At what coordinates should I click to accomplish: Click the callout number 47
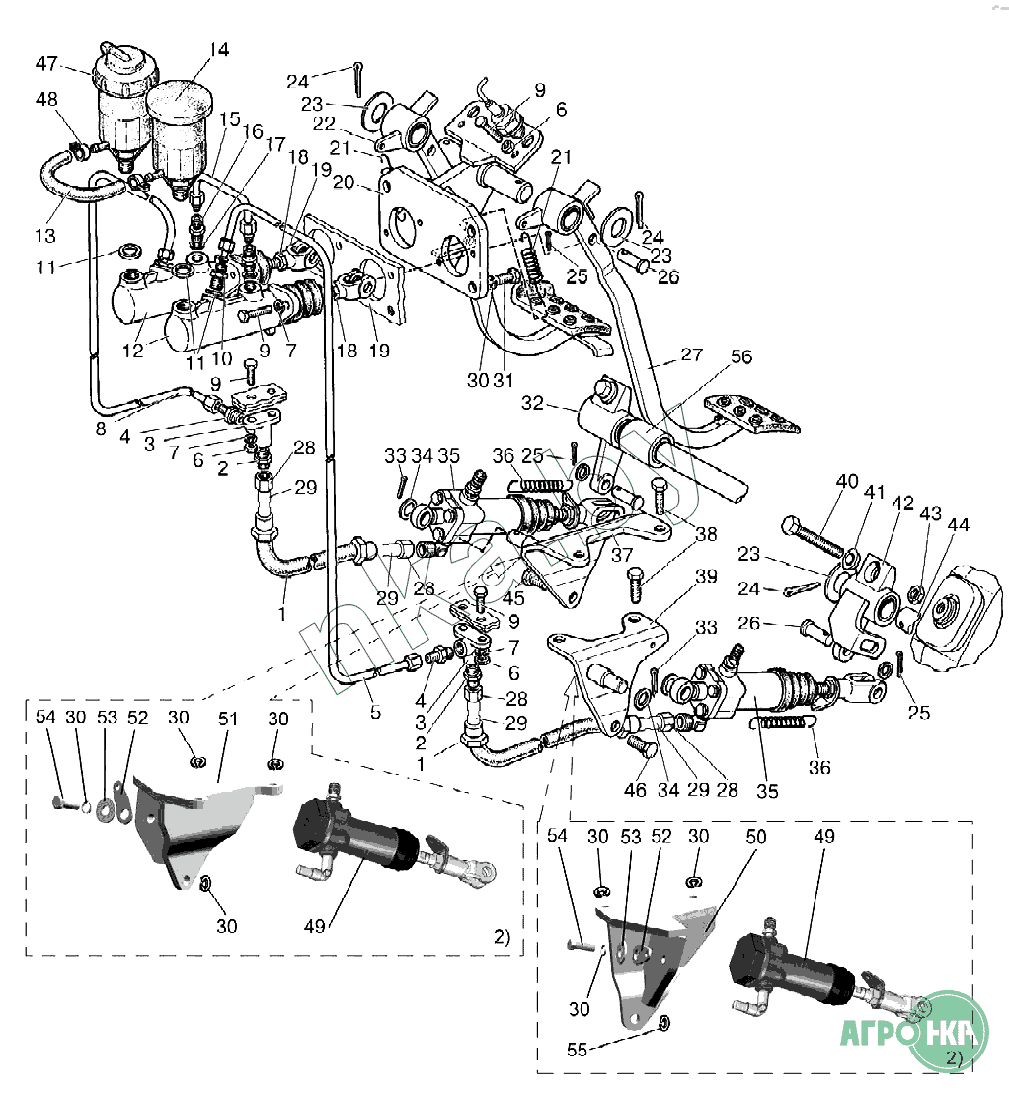click(x=46, y=65)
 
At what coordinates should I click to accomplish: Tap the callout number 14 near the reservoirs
click(x=218, y=48)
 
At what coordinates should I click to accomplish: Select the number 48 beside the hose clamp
click(x=46, y=100)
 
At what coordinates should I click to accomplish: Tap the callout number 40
click(x=846, y=483)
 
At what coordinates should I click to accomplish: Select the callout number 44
click(x=957, y=526)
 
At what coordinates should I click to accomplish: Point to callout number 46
click(x=636, y=790)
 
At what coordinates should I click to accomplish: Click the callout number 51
click(x=228, y=719)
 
